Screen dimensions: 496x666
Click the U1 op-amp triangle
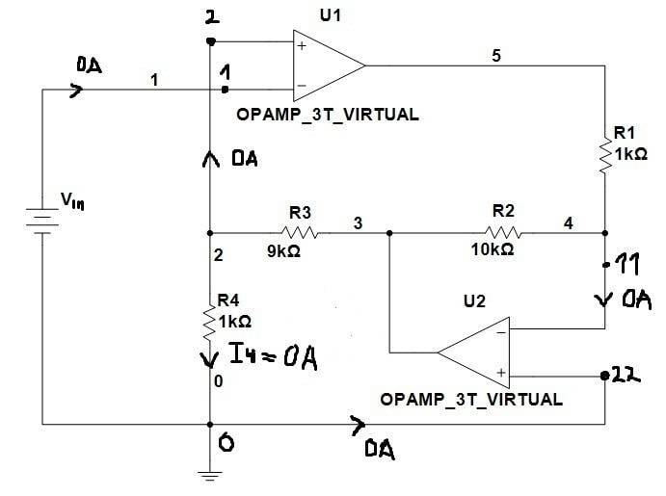click(x=327, y=65)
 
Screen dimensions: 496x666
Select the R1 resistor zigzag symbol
click(x=605, y=154)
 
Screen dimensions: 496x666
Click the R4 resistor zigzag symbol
click(x=209, y=319)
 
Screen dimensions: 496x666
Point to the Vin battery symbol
click(x=40, y=223)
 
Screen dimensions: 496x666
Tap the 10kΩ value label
click(x=491, y=249)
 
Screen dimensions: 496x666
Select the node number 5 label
click(x=496, y=55)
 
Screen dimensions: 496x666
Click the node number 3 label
click(x=358, y=223)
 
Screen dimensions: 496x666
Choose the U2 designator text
click(x=474, y=301)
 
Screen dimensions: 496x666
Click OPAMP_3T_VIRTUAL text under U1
click(x=327, y=114)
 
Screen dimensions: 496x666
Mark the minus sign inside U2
click(x=501, y=334)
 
